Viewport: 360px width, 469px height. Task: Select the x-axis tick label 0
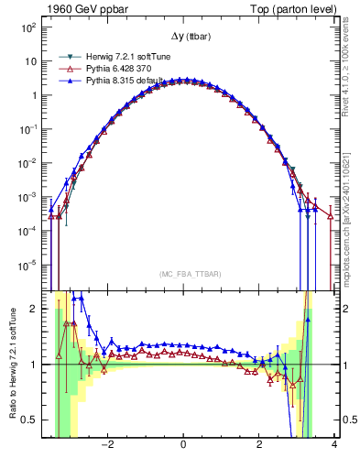point(183,445)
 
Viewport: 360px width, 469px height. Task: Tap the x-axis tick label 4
point(334,445)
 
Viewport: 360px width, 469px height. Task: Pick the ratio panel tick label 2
point(33,309)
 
